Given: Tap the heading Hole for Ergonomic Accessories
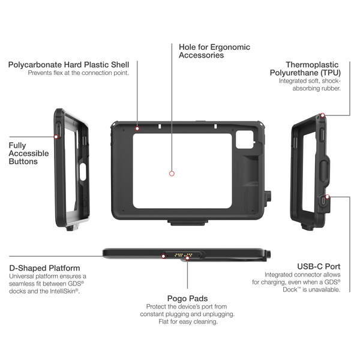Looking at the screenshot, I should (214, 51).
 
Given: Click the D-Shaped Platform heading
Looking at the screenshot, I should (45, 268).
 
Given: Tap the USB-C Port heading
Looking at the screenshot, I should (319, 266).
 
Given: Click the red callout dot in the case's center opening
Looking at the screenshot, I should (172, 173).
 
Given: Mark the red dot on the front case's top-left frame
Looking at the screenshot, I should (137, 127).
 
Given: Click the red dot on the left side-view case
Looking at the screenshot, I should (56, 136).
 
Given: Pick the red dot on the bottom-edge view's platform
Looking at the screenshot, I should (164, 254).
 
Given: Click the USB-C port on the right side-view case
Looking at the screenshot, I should (324, 202).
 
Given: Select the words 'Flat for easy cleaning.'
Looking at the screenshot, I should (188, 321).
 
